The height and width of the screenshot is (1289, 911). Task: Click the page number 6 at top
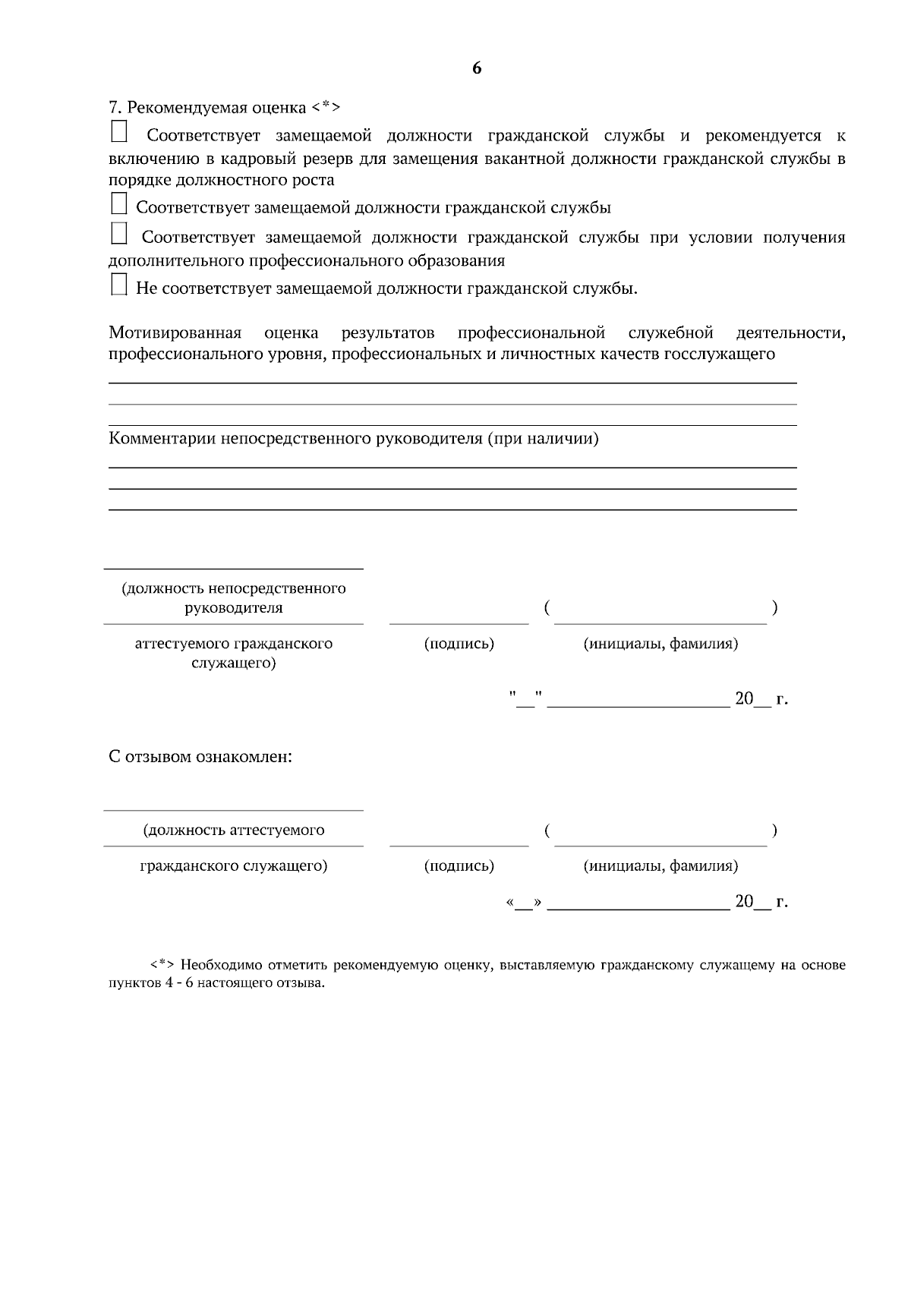[477, 68]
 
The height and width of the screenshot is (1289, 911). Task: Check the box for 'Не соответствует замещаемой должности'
[118, 285]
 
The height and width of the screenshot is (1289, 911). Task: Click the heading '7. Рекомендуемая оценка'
[225, 107]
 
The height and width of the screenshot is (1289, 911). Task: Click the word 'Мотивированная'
[175, 332]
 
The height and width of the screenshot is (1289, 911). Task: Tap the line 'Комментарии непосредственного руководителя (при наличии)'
[354, 439]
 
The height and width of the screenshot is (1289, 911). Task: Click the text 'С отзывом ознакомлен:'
[200, 757]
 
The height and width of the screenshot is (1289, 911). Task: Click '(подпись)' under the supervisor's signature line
[459, 644]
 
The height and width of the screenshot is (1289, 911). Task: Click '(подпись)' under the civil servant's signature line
[459, 865]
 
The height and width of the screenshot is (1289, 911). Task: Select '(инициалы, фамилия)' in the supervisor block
[660, 644]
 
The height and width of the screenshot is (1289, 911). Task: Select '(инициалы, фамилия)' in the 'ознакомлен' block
[660, 865]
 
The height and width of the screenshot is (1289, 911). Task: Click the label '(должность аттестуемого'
[234, 830]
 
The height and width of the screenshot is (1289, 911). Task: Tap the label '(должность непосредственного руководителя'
[234, 597]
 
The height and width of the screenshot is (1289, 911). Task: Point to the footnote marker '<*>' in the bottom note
[162, 966]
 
